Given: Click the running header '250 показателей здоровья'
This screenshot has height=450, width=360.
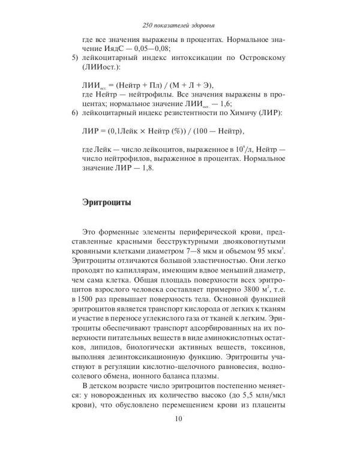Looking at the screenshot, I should (x=179, y=25).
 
